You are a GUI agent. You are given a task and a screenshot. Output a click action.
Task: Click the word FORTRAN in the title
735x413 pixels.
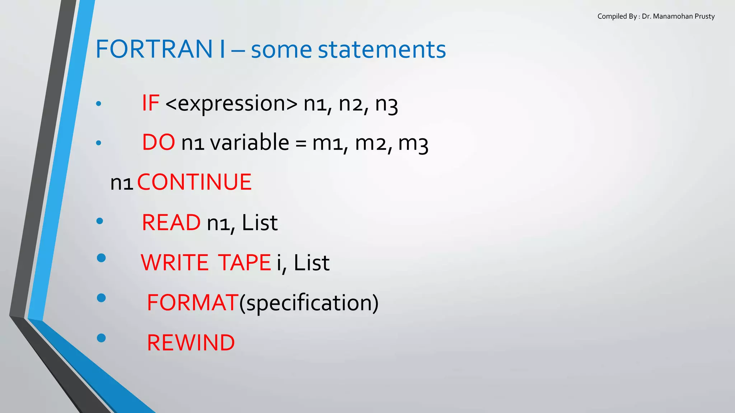point(154,49)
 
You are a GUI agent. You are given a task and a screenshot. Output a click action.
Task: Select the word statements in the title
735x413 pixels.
point(382,50)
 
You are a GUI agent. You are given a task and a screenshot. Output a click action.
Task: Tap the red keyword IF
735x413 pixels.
point(150,103)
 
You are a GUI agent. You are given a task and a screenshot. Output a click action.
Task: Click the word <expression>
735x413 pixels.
point(231,104)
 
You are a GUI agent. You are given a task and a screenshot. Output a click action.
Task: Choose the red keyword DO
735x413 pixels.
point(159,142)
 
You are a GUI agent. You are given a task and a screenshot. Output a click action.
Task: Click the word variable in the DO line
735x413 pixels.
point(249,142)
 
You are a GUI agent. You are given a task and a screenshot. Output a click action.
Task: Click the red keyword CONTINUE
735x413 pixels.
point(194,182)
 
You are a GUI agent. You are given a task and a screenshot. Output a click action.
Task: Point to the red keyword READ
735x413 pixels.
point(171,223)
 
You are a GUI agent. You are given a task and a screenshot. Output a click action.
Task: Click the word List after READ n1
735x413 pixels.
point(259,223)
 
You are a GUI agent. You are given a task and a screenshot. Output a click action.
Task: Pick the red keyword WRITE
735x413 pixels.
point(174,263)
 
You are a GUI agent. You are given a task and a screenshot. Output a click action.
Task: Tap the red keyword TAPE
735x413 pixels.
point(244,263)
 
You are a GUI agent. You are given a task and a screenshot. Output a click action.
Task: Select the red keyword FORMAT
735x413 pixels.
point(193,303)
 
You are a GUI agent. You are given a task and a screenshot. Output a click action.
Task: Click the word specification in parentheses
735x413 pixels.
point(309,303)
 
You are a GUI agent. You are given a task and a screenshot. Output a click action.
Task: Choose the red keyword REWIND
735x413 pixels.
point(191,343)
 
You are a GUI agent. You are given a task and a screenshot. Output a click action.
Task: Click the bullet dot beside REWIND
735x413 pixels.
point(101,338)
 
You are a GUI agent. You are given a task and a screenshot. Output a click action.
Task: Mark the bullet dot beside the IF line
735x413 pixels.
point(99,104)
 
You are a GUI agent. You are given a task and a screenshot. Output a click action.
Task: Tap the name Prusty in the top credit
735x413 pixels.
point(704,16)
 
